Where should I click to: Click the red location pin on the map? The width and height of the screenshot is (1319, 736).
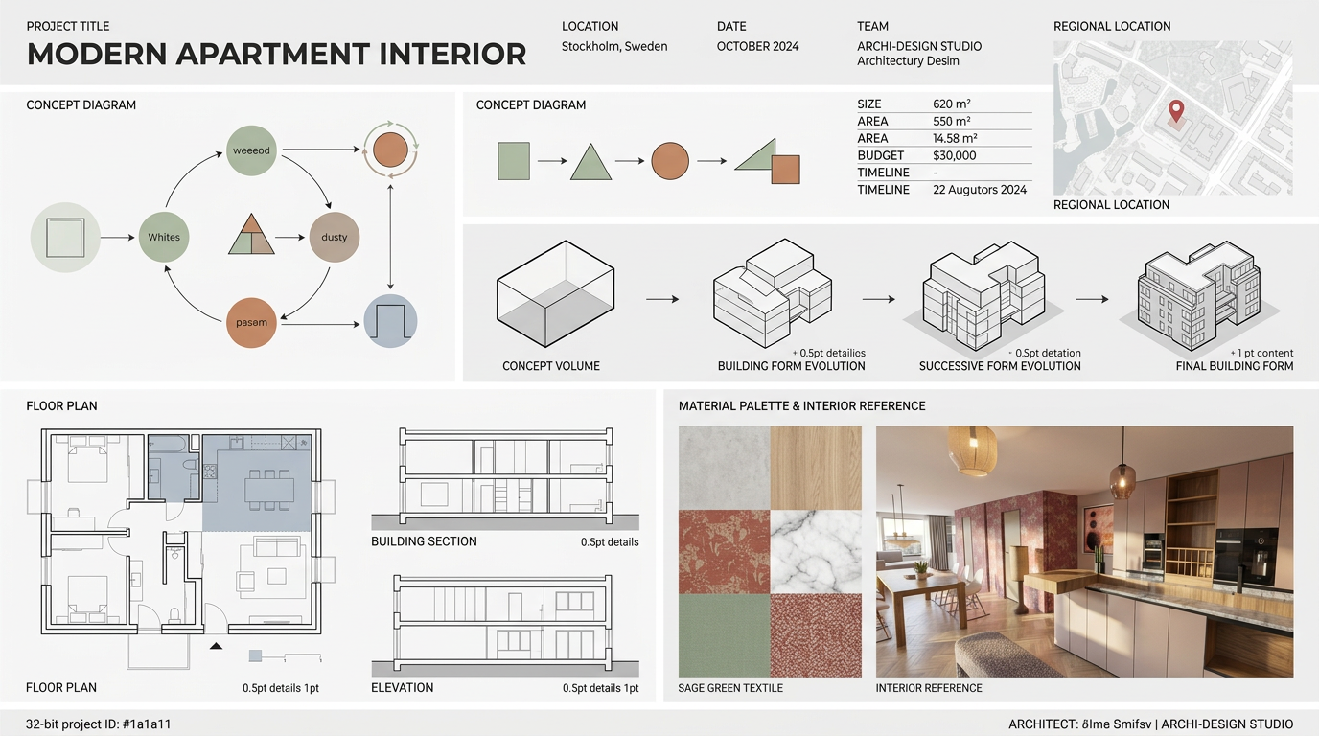point(1176,110)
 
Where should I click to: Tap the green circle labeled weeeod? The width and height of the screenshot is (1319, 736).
point(251,150)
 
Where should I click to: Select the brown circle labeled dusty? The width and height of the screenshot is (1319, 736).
point(335,238)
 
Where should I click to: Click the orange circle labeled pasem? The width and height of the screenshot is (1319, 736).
point(251,323)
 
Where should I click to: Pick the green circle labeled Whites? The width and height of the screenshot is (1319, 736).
point(164,238)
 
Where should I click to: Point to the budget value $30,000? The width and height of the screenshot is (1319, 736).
point(955,155)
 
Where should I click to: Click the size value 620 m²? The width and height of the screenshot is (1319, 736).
point(952,104)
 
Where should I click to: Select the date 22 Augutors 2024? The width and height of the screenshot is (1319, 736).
point(980,190)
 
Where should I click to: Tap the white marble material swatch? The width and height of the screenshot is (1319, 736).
point(816,552)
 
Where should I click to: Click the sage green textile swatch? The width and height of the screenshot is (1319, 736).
point(725,635)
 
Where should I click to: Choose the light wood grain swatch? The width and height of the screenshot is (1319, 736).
point(816,468)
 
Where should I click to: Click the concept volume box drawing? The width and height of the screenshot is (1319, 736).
point(555,293)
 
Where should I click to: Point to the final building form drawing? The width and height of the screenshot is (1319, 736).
point(1199,294)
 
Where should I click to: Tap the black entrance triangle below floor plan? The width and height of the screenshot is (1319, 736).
point(216,646)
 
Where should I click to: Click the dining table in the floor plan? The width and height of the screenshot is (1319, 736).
point(269,490)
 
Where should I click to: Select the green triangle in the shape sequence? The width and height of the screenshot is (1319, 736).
point(590,161)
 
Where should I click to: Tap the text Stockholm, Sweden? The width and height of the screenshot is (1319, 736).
point(614,47)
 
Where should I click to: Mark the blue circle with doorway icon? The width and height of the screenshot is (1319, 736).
point(390,321)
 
